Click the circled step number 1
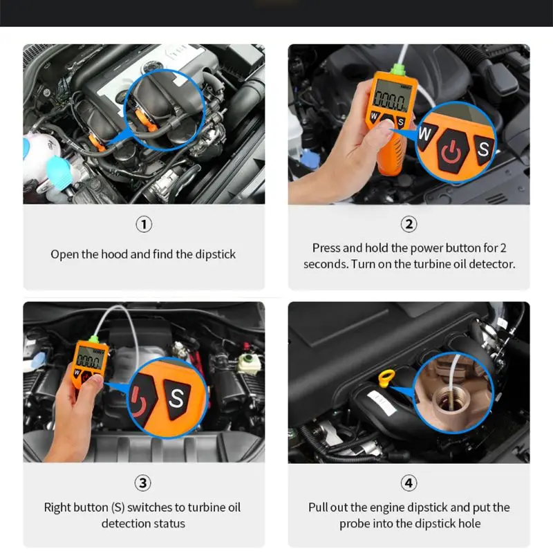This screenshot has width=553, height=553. pos(144,224)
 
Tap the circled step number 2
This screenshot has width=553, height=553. pos(409,224)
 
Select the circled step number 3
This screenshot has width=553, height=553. pos(143,482)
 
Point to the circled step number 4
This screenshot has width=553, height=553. pos(409,482)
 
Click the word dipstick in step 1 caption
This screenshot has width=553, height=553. pos(215,254)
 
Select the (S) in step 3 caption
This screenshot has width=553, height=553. pos(118,507)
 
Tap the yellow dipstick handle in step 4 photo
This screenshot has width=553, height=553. pos(386,378)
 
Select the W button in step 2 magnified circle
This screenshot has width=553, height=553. pos(426,135)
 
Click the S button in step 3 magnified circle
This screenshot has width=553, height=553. pos(176,399)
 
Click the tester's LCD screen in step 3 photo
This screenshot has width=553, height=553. pos(90,357)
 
